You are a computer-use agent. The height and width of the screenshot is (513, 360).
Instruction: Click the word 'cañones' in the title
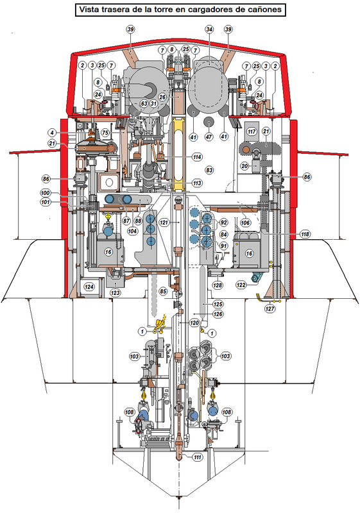click(x=264, y=10)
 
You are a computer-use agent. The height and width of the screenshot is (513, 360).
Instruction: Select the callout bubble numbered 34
click(x=209, y=29)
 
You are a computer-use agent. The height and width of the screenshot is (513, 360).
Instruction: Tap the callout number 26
click(x=162, y=97)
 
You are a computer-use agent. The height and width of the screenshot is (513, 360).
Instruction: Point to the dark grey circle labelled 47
click(x=209, y=122)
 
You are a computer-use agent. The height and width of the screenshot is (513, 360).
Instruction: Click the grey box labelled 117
click(x=252, y=131)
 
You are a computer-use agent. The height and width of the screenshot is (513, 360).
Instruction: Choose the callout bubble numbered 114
click(x=197, y=157)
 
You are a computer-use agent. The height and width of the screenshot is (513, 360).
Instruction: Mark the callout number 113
click(x=197, y=183)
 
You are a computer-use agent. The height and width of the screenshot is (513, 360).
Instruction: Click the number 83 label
click(x=209, y=170)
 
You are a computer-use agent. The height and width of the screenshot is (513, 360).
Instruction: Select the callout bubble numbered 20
click(x=244, y=166)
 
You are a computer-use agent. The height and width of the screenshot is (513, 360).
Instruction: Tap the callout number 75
click(x=105, y=133)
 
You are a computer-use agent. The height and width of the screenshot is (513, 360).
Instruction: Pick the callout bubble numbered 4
click(x=51, y=133)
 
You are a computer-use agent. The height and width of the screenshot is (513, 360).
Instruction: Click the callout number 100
click(x=46, y=193)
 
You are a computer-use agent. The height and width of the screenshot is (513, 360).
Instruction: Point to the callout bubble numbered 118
click(x=305, y=234)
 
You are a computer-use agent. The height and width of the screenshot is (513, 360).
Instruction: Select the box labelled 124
click(x=89, y=287)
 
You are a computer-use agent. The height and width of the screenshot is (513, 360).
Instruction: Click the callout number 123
click(x=116, y=293)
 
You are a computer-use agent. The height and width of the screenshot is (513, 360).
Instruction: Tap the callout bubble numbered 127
click(x=270, y=308)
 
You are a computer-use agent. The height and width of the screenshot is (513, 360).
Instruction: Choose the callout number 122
click(x=241, y=285)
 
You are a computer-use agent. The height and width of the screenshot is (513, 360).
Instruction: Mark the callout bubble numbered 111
click(x=197, y=457)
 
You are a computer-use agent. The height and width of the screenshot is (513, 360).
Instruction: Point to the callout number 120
click(x=194, y=323)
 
